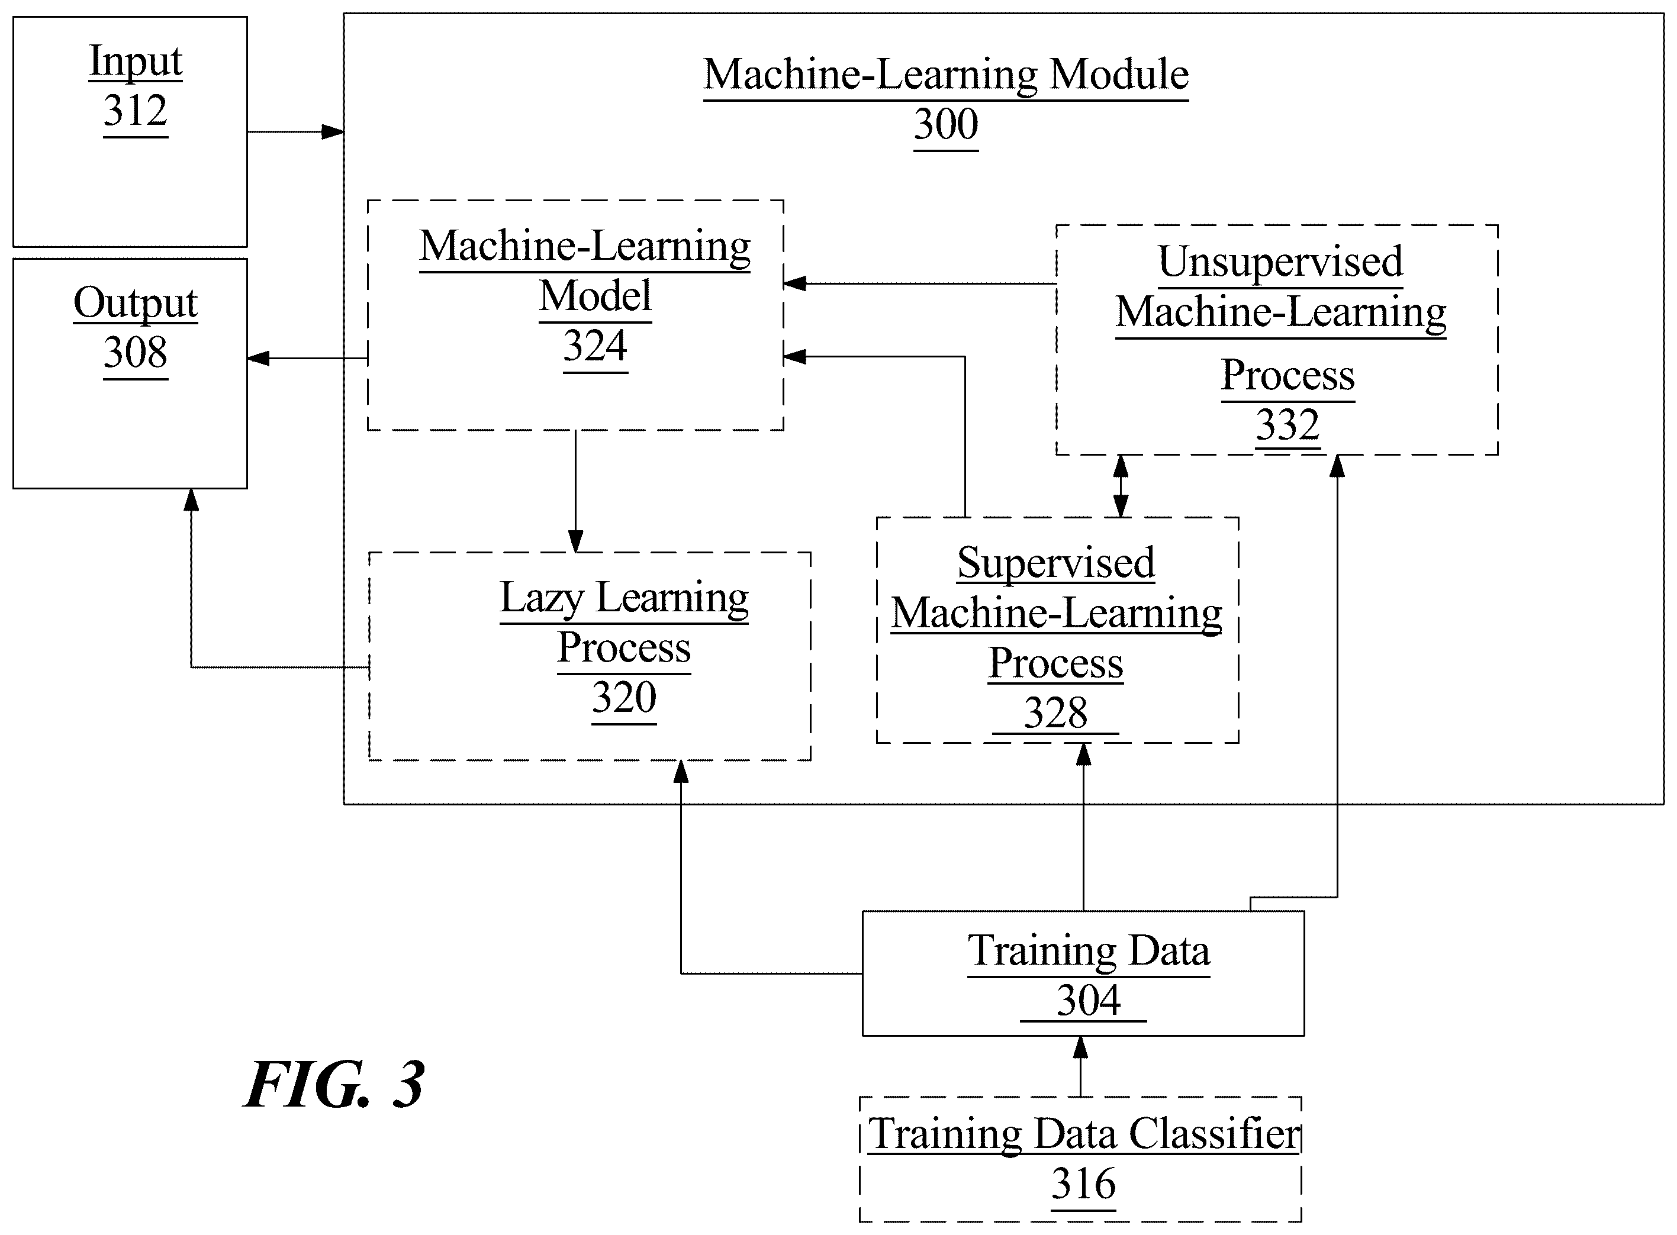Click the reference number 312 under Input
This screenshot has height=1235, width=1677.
[136, 111]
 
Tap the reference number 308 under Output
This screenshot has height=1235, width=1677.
[136, 352]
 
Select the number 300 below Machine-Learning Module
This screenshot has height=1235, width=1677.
[946, 124]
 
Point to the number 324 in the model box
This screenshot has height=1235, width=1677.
[595, 346]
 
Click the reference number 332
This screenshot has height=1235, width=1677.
[1287, 425]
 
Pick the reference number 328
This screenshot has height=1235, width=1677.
[1055, 712]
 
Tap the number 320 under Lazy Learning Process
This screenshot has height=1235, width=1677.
[625, 698]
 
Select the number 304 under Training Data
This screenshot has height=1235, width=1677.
[1089, 1000]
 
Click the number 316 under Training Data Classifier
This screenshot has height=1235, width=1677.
[1083, 1184]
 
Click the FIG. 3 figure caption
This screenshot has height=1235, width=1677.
[335, 1085]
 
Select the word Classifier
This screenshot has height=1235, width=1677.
[1215, 1134]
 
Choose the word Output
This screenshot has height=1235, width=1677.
[136, 304]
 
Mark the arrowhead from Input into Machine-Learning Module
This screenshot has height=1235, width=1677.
[333, 133]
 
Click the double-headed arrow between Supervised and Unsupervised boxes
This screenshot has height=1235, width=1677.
[1121, 486]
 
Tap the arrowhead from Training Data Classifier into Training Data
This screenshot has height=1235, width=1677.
[1080, 1047]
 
